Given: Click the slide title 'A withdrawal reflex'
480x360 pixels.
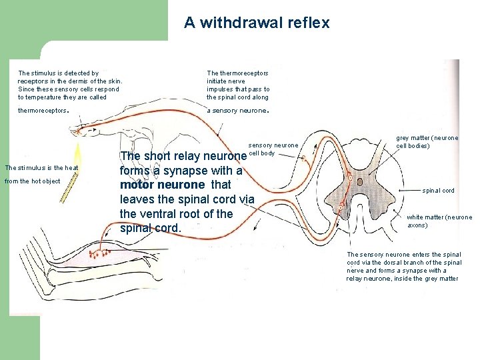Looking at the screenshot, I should pos(257,23).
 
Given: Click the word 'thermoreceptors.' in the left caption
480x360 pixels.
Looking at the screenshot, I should pos(43,111).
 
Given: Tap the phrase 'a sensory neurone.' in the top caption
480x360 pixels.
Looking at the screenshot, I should pos(237,111).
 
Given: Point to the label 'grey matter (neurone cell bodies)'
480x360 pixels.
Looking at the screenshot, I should pos(427,142).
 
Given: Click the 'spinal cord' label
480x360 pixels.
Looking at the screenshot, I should pos(438,191).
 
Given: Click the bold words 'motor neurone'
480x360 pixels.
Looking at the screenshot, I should pos(162,185).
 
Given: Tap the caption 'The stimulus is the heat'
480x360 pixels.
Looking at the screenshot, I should pos(41,167).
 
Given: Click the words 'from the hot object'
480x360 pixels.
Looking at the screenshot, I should pos(32,181).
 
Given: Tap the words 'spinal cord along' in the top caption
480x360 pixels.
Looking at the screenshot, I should pos(243,97).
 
